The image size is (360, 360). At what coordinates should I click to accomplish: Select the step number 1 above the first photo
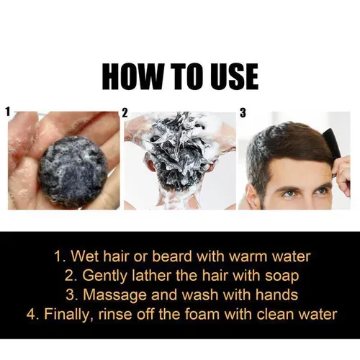pos(8,112)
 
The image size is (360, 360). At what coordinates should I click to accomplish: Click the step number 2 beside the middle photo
pos(125,113)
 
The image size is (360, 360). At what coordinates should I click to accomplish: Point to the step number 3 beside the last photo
pos(243,113)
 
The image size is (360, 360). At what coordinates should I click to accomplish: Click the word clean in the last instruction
pos(275,314)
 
